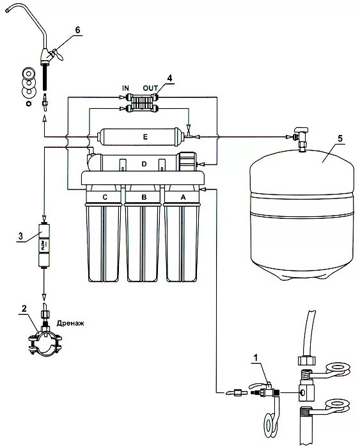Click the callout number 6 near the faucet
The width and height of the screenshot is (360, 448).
pyautogui.click(x=77, y=29)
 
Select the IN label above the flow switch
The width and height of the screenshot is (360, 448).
pyautogui.click(x=125, y=88)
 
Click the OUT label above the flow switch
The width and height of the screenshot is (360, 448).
pyautogui.click(x=150, y=88)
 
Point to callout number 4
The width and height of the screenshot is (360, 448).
pyautogui.click(x=170, y=78)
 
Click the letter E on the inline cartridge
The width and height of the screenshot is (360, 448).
pyautogui.click(x=145, y=137)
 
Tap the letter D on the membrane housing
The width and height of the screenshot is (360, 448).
pyautogui.click(x=144, y=164)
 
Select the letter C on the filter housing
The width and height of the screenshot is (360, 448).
pyautogui.click(x=105, y=197)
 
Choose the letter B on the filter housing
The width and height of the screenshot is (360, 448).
pyautogui.click(x=144, y=197)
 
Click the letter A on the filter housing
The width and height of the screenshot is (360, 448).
pyautogui.click(x=183, y=197)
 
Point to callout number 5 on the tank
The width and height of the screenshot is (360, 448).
pyautogui.click(x=340, y=139)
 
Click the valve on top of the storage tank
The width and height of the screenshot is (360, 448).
pyautogui.click(x=301, y=137)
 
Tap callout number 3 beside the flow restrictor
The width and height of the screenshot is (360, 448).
pyautogui.click(x=20, y=236)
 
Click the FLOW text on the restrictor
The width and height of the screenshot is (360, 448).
pyautogui.click(x=43, y=244)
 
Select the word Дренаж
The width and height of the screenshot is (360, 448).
pyautogui.click(x=70, y=323)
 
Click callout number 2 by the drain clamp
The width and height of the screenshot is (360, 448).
pyautogui.click(x=24, y=308)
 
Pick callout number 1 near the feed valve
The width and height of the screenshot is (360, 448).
pyautogui.click(x=256, y=357)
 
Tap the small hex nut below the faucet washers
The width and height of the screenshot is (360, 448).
pyautogui.click(x=28, y=103)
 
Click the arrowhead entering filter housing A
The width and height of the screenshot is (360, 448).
pyautogui.click(x=203, y=189)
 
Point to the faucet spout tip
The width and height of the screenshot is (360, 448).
pyautogui.click(x=7, y=10)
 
